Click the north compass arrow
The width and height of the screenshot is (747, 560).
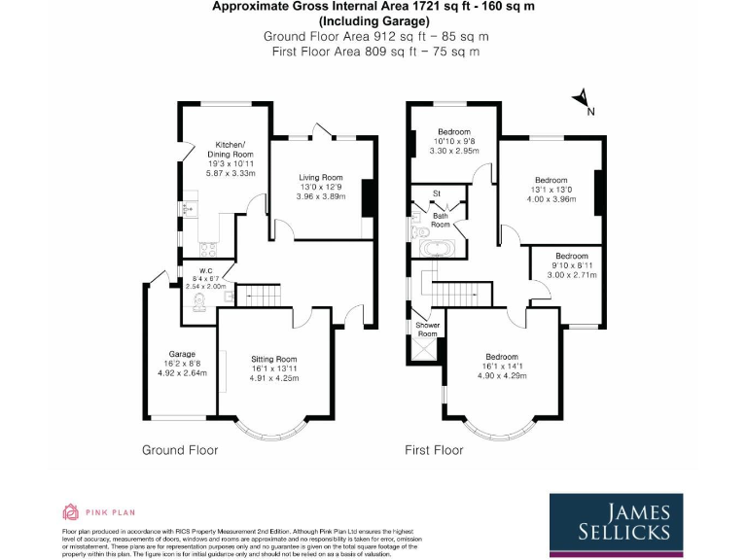tap(582, 98)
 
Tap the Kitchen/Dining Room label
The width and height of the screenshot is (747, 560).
tap(234, 149)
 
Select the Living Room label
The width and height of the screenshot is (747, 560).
tap(321, 177)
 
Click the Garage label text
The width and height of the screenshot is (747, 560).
tap(182, 354)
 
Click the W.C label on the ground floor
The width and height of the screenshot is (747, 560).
tap(206, 271)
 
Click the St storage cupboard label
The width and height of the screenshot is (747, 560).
tap(437, 193)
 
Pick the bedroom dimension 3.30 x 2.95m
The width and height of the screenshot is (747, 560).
tap(453, 152)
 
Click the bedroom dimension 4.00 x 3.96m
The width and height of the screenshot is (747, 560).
tap(551, 199)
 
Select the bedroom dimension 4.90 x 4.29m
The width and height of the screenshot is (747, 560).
tap(502, 375)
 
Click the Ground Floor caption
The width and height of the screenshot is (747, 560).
tap(180, 450)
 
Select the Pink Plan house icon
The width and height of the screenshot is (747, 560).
tap(70, 511)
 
